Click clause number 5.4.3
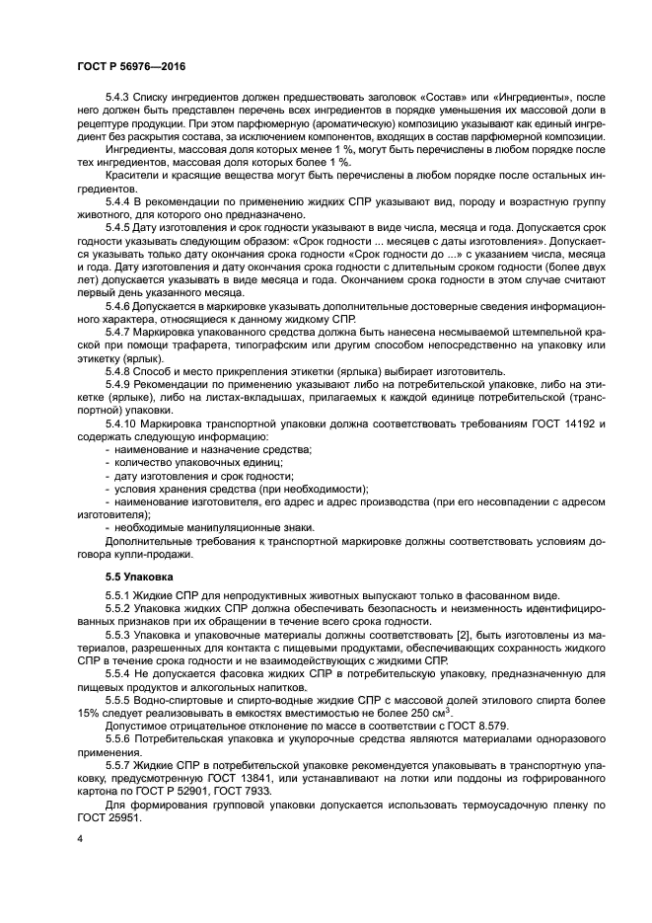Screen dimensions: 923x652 click(x=120, y=98)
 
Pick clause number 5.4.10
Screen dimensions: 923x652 click(x=123, y=423)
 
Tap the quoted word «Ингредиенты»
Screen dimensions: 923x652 click(x=531, y=98)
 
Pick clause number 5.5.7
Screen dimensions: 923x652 click(x=120, y=762)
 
